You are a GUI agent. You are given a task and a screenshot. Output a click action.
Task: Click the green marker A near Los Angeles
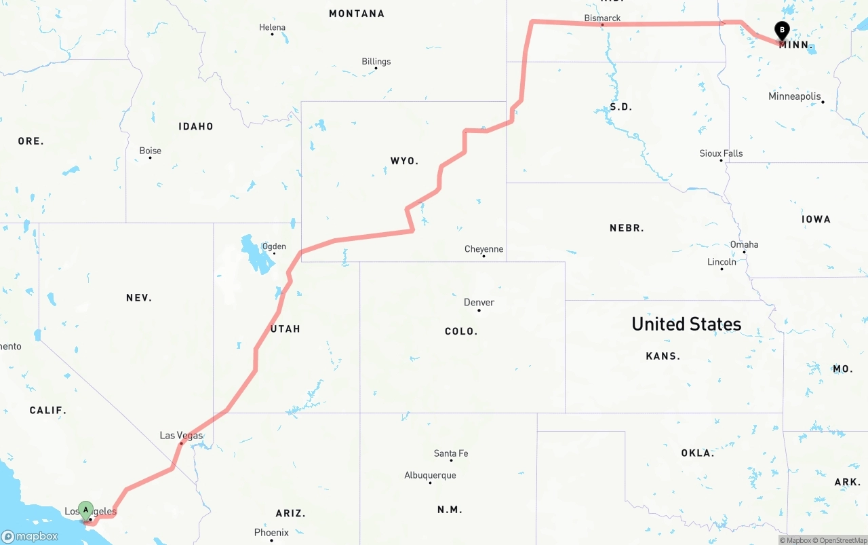point(85,510)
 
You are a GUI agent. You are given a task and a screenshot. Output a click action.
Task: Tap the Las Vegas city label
point(181,435)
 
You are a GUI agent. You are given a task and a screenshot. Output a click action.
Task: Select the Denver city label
point(479,302)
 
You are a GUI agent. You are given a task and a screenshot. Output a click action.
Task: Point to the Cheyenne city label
point(484,249)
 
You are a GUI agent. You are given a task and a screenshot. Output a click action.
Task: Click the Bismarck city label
point(602,18)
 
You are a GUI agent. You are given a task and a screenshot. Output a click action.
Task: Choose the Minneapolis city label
point(794,96)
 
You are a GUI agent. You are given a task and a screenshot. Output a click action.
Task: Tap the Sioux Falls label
point(721,153)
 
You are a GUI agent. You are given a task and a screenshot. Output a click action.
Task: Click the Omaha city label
point(744,244)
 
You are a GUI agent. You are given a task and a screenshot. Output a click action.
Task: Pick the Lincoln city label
point(722,261)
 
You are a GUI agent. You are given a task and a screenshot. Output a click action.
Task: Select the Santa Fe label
point(451,453)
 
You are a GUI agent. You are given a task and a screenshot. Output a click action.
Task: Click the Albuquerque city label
point(430,475)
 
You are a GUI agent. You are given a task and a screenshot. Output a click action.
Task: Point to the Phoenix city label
point(271,532)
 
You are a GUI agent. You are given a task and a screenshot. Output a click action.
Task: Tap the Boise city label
point(150,151)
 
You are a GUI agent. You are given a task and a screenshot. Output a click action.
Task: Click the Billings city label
point(376,61)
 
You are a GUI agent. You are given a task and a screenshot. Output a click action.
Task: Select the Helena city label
point(272,27)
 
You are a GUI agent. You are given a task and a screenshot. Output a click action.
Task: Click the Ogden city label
point(274,246)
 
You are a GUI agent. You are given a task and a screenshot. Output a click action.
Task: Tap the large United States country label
point(686,324)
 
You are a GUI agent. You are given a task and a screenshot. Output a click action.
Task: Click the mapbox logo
point(30,536)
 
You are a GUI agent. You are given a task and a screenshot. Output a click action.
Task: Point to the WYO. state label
point(404,161)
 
